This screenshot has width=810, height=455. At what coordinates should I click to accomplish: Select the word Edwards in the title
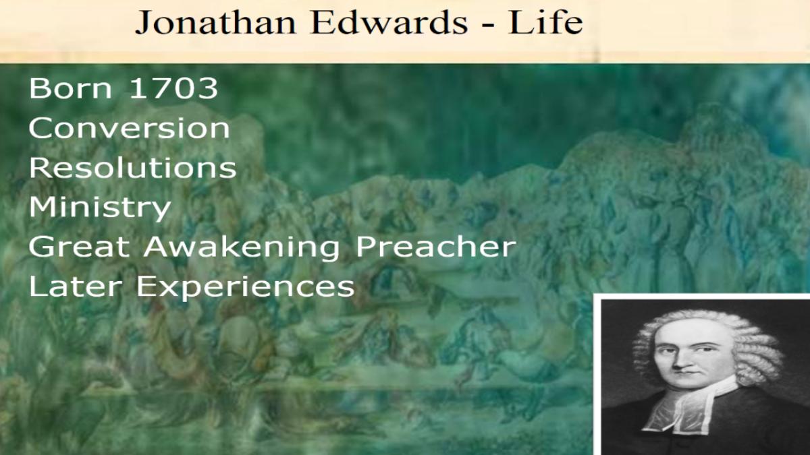click(x=389, y=22)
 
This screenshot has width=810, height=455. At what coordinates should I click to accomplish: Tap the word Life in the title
click(x=545, y=22)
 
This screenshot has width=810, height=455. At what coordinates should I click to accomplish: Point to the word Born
click(x=70, y=88)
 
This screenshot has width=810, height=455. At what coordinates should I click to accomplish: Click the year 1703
click(x=174, y=88)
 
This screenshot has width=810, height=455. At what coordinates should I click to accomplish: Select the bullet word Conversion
click(x=129, y=128)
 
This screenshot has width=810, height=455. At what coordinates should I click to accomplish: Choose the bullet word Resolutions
click(x=132, y=168)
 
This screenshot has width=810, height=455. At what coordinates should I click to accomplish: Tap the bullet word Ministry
click(x=100, y=208)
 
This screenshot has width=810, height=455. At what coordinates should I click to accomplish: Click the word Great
click(x=79, y=247)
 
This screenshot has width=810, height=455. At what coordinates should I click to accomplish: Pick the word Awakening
click(x=242, y=248)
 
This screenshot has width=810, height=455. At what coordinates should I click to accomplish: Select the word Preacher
click(x=436, y=247)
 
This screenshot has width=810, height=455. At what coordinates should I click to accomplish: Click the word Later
click(x=76, y=286)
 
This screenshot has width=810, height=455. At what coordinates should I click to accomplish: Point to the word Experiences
click(x=245, y=287)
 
